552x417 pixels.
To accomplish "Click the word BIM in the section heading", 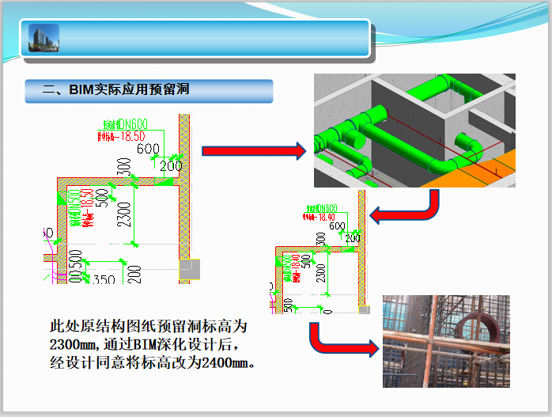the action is (x=82, y=90).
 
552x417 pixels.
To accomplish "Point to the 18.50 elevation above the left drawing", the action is (x=132, y=135).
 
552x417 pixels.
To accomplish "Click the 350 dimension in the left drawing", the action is (x=104, y=279).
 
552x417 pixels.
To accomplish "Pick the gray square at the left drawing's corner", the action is (x=190, y=271).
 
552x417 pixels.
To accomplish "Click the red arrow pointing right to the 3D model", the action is (x=253, y=151).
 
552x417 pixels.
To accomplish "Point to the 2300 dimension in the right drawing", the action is (x=319, y=271).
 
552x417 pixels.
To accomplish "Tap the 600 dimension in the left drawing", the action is (x=148, y=149).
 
